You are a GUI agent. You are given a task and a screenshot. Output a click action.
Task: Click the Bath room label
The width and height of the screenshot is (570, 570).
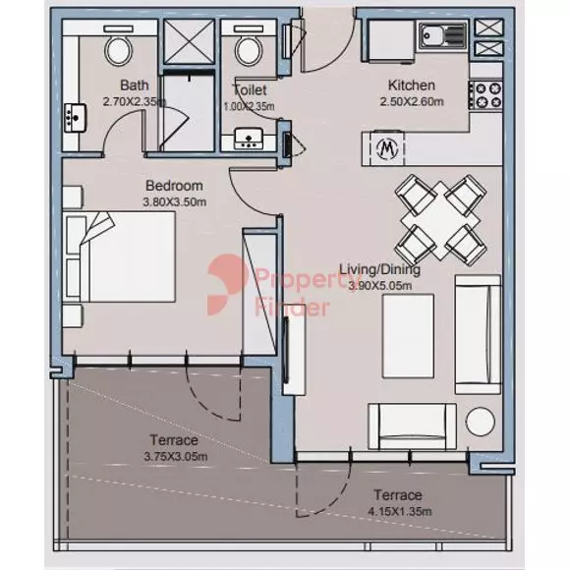point(134,85)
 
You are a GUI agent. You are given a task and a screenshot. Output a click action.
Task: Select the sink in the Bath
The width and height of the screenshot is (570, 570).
point(76,118)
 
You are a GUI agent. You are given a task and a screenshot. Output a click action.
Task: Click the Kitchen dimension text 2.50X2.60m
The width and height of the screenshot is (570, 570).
point(412,102)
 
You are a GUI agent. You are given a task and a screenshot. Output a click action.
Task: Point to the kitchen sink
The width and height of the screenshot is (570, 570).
point(442,35)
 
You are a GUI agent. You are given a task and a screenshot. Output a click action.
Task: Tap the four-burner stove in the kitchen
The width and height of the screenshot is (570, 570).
point(485,95)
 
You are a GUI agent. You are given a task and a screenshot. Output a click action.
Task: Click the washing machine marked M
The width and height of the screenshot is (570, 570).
point(387,148)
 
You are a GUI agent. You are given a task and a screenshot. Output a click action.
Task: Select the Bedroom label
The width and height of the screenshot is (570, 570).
point(174,186)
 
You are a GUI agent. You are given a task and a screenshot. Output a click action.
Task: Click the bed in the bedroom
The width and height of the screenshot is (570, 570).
point(120,256)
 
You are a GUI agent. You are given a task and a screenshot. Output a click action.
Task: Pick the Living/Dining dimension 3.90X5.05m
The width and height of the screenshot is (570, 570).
point(380,286)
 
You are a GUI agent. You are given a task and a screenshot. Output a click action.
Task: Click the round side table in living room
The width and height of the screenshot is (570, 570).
point(481,422)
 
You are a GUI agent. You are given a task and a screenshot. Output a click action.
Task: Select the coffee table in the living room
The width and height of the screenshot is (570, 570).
point(408,336)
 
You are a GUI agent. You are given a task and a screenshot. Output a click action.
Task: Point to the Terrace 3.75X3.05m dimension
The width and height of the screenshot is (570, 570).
point(176,456)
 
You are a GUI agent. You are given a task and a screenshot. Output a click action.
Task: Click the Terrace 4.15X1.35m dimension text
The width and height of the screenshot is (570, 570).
point(400,511)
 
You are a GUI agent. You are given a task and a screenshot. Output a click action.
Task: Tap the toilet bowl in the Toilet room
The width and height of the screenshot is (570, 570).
point(249,49)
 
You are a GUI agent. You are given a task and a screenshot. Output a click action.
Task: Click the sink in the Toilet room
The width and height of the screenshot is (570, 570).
point(249,139)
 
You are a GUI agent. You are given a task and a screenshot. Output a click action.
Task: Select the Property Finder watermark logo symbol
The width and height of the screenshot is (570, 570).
point(226,285)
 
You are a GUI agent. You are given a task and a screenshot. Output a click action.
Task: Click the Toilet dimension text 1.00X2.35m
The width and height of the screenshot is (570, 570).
point(249,106)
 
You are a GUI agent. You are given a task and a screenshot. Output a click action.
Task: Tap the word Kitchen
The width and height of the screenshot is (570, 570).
point(412,85)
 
